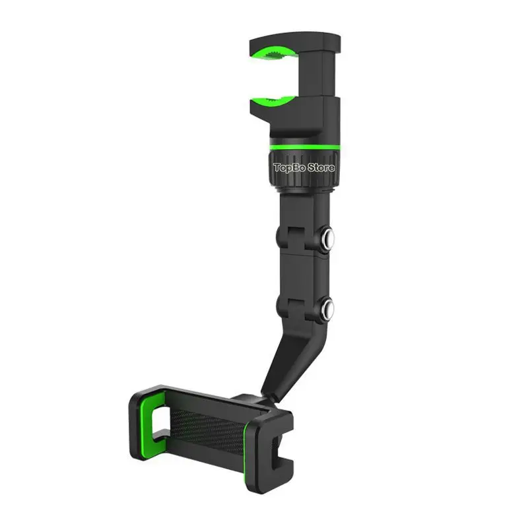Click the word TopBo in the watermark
click(288, 168)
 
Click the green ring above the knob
click(305, 147)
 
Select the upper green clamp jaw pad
click(273, 53)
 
